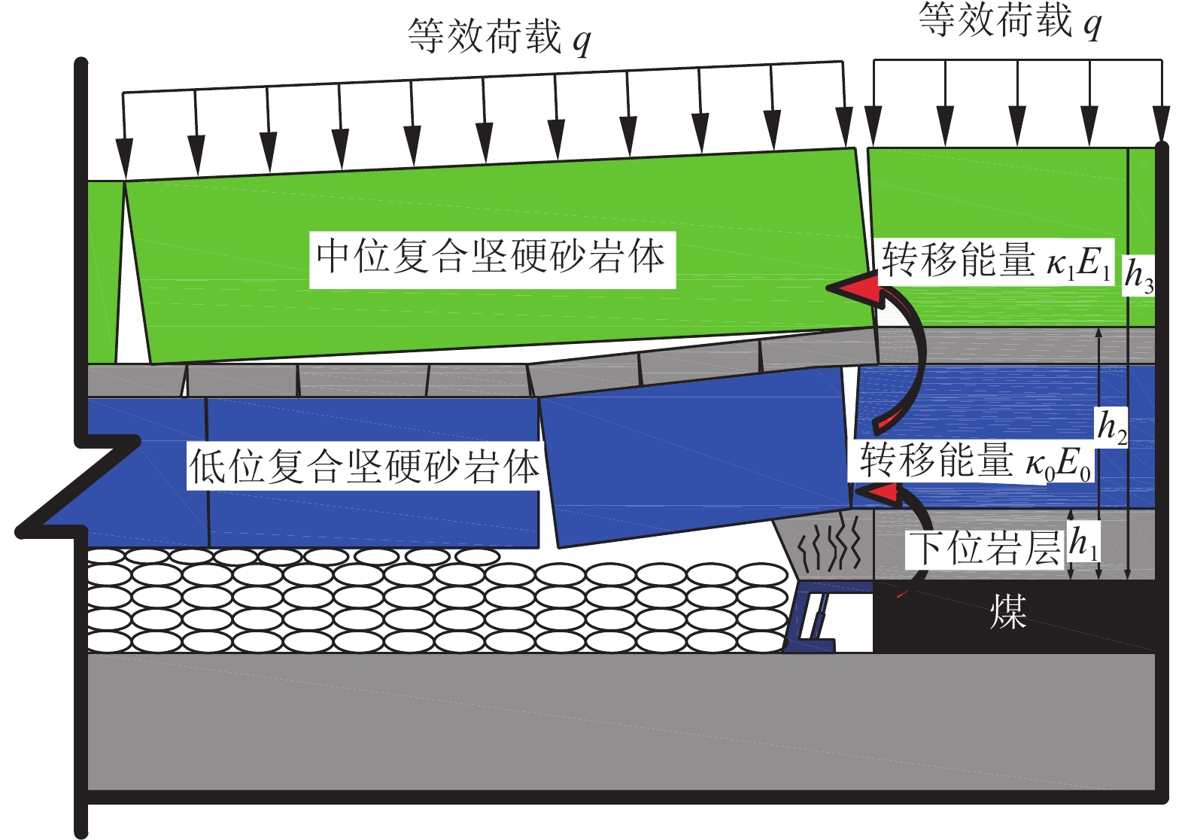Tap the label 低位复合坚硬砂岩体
pos(363,467)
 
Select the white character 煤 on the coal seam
pos(1008,612)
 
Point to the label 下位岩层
pos(985,548)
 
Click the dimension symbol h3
pos(1138,276)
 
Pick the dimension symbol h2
pos(1112,427)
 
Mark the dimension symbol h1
pos(1084,543)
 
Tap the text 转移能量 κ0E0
pos(975,461)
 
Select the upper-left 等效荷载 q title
pos(499,36)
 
